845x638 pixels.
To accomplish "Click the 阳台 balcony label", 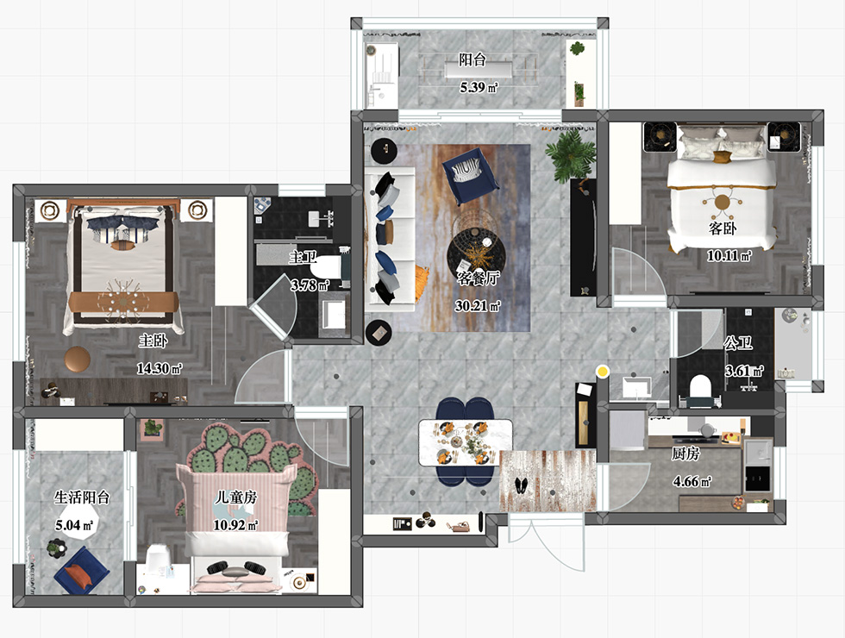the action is [x=473, y=59].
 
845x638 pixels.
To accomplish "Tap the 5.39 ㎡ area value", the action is [x=479, y=87].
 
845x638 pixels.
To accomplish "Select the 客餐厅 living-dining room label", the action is [x=478, y=278].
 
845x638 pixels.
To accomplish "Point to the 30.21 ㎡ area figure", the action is [x=478, y=306].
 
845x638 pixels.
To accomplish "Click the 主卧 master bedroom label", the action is [x=153, y=341].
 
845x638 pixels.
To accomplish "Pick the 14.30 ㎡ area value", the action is [x=159, y=369].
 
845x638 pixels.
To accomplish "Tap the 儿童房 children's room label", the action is [x=235, y=497].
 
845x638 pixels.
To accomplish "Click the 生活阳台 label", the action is [x=82, y=497].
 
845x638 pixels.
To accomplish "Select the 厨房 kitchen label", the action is [x=685, y=453].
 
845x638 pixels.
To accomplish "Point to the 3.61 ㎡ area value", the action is [x=744, y=371].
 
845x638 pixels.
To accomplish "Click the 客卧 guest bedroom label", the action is [x=723, y=228].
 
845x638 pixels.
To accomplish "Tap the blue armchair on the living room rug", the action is [x=469, y=173].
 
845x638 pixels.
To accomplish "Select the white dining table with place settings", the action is [x=466, y=443].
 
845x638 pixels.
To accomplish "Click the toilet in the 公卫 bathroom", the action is [x=700, y=389].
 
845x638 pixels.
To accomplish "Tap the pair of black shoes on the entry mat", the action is [x=522, y=485].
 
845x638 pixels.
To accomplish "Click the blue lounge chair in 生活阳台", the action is [x=81, y=571].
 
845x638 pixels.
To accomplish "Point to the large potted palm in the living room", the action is [x=571, y=156].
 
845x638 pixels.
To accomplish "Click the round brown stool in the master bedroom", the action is [x=78, y=360].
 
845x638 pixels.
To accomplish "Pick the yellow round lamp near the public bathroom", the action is [x=603, y=371].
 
